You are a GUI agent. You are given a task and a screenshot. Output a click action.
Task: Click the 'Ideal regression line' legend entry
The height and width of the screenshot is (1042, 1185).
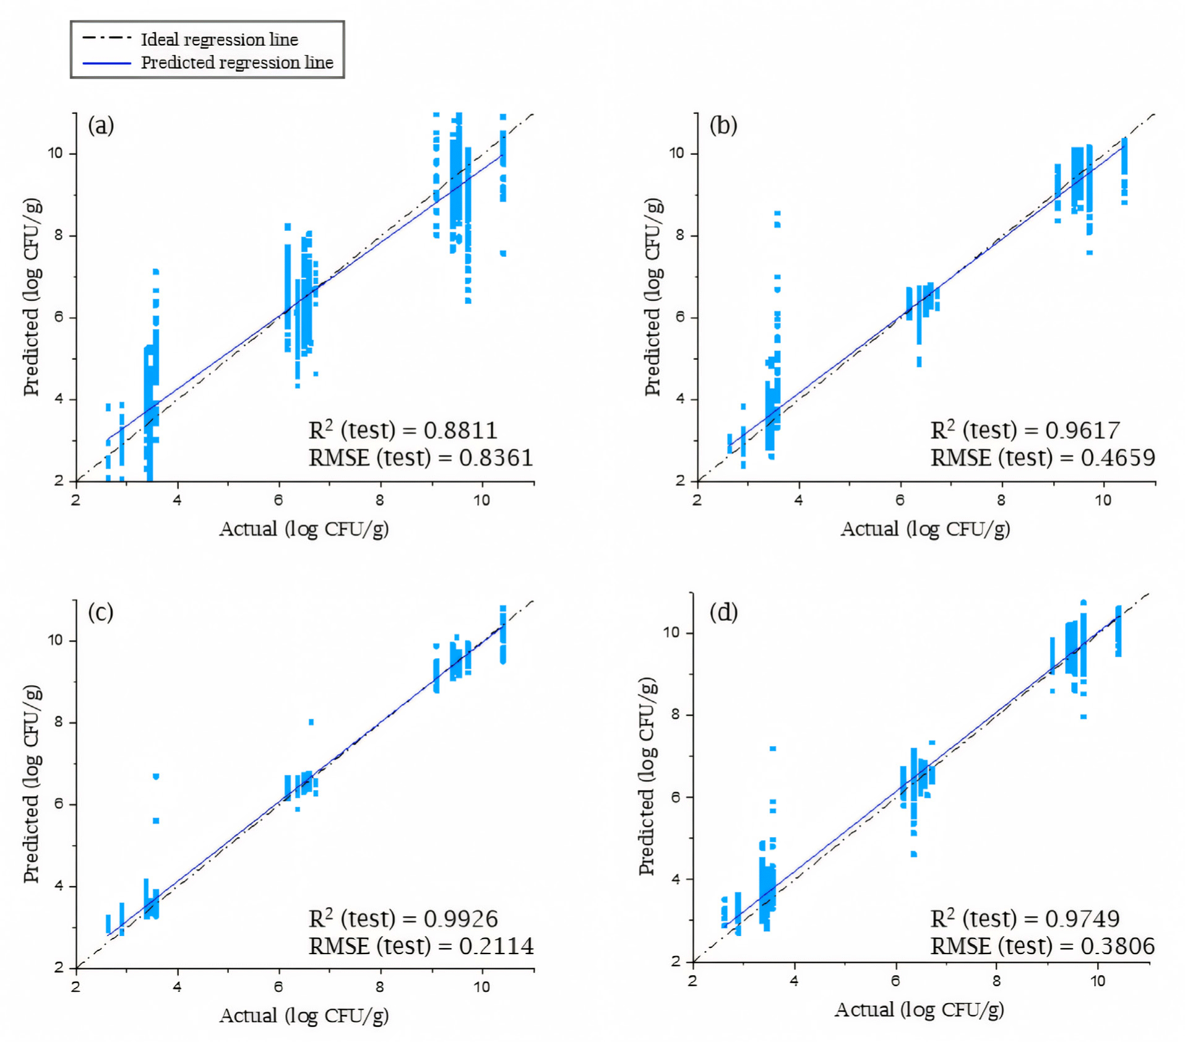(x=219, y=40)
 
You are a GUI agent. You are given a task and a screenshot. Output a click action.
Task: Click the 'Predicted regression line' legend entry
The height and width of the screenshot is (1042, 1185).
(x=236, y=63)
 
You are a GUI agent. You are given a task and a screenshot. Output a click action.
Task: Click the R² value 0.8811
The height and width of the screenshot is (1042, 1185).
(x=460, y=430)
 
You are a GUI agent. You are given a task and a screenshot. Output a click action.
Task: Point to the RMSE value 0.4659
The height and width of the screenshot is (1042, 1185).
(x=1118, y=458)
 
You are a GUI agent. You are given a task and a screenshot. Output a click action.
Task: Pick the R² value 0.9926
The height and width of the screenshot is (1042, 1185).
(x=460, y=918)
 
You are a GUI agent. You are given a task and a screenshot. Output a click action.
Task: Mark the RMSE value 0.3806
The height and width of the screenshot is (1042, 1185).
(x=1118, y=945)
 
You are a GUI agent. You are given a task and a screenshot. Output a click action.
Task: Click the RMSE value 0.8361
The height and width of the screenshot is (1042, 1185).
(x=496, y=458)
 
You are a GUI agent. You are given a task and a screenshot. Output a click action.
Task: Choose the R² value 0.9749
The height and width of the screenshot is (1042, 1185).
(x=1082, y=918)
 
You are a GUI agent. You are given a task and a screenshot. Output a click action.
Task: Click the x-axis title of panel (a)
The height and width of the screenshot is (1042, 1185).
(x=304, y=529)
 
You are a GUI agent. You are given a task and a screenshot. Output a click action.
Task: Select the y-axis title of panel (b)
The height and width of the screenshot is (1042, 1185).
(x=653, y=297)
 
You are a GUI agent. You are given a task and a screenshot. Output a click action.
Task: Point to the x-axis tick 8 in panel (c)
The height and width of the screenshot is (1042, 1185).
(x=379, y=987)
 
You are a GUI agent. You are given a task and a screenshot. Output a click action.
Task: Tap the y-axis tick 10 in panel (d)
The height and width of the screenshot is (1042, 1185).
(x=671, y=632)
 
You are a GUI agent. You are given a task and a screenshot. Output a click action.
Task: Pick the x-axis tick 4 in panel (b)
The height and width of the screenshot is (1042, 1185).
(x=798, y=500)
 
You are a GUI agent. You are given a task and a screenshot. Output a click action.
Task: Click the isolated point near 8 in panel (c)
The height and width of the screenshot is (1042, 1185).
(x=311, y=722)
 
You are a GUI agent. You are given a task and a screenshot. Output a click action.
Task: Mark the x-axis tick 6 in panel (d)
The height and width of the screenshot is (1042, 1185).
(x=895, y=981)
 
